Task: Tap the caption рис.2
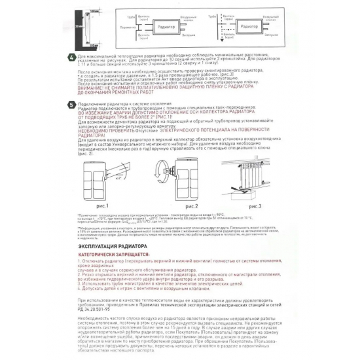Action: click(x=173, y=205)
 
